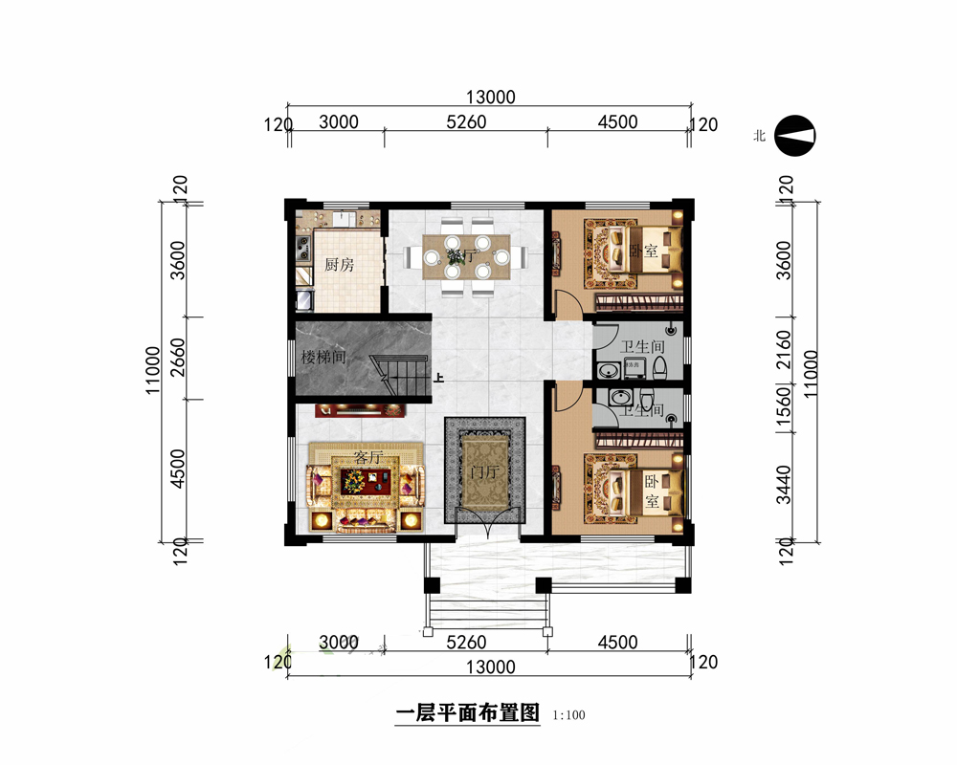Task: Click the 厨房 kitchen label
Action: pos(339,265)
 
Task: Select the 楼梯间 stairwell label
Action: pos(323,359)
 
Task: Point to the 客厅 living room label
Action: pos(367,458)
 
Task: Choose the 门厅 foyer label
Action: pos(484,472)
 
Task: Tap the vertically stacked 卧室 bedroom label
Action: pos(651,490)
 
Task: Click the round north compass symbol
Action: pos(794,136)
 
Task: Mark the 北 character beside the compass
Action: pos(759,136)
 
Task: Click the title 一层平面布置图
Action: pos(467,713)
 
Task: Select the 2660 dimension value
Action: pos(178,359)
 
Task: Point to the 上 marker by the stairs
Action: pos(438,378)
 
